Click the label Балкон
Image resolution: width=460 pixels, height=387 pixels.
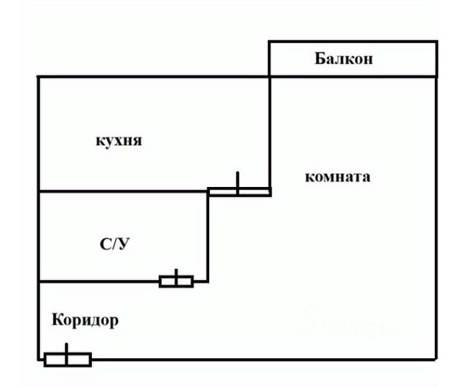344,58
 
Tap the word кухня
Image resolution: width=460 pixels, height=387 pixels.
119,140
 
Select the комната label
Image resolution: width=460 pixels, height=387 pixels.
338,177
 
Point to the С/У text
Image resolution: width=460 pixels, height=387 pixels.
115,244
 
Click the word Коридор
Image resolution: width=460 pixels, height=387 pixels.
85,320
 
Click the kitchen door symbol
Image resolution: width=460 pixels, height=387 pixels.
239,192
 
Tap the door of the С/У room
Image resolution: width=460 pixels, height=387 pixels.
176,281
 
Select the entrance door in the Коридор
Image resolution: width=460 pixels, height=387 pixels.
68,360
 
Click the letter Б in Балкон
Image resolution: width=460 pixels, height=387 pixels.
320,58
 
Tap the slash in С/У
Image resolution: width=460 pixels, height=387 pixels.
115,244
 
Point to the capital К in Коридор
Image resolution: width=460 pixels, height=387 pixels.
57,319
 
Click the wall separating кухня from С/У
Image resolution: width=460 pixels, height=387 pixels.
122,191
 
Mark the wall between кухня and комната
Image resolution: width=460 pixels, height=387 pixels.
270,132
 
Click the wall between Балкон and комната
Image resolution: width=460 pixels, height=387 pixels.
353,77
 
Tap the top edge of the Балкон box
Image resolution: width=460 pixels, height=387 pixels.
353,42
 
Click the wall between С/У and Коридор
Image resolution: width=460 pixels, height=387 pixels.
98,281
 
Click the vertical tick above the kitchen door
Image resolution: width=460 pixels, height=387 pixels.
238,180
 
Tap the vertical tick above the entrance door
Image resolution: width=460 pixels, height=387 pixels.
67,348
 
